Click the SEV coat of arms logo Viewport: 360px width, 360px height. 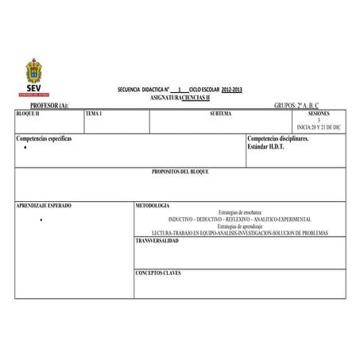[35, 77]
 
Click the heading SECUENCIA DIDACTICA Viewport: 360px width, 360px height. [143, 90]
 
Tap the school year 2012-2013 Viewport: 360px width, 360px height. [233, 90]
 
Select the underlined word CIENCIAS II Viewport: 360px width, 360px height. [195, 97]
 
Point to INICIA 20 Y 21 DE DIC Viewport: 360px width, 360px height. [318, 127]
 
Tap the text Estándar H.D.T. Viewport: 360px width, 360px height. [265, 146]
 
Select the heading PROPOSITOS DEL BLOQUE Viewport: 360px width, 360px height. [180, 172]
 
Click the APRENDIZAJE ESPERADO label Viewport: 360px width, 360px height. [44, 205]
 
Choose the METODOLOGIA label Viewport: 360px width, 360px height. [153, 205]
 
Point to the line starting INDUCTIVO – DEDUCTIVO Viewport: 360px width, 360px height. [239, 219]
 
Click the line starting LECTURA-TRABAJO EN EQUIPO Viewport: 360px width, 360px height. [239, 233]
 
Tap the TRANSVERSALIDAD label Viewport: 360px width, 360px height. [157, 239]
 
